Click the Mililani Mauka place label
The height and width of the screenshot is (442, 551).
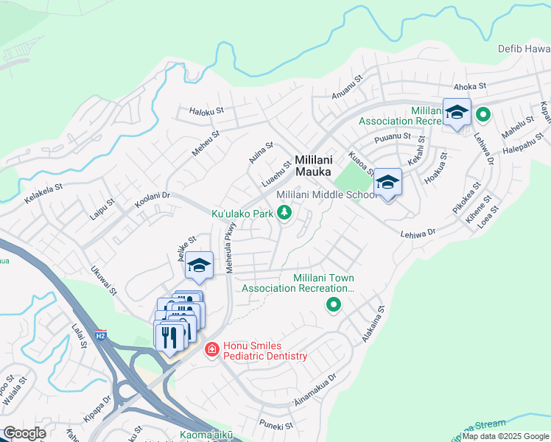tap(316, 165)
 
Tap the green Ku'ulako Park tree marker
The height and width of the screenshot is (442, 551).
tap(284, 214)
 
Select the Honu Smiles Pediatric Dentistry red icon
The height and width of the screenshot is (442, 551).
tap(211, 349)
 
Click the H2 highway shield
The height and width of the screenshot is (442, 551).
tap(102, 335)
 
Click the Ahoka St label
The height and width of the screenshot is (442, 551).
tap(470, 86)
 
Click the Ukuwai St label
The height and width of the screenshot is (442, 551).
tap(102, 281)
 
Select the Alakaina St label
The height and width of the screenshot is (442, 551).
tap(372, 325)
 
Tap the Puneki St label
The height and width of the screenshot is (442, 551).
tap(276, 425)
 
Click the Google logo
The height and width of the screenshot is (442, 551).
tap(24, 433)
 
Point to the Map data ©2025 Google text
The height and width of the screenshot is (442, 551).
tap(505, 436)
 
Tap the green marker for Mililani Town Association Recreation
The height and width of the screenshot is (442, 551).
tap(334, 304)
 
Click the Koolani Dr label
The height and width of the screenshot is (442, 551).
tap(152, 197)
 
